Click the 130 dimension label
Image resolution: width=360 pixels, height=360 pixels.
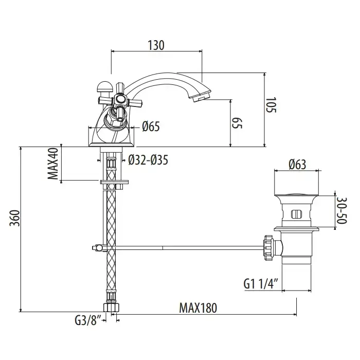pos(156,45)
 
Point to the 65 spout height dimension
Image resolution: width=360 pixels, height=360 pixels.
pos(237,122)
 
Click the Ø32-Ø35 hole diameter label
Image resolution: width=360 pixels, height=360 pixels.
pos(148,160)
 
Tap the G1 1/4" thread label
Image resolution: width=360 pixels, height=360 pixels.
pos(261,282)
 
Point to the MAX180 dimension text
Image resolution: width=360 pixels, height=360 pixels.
pos(198,308)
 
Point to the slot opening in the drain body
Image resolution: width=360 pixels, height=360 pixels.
pos(297,213)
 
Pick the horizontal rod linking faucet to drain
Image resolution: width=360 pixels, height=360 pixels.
pos(180,248)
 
